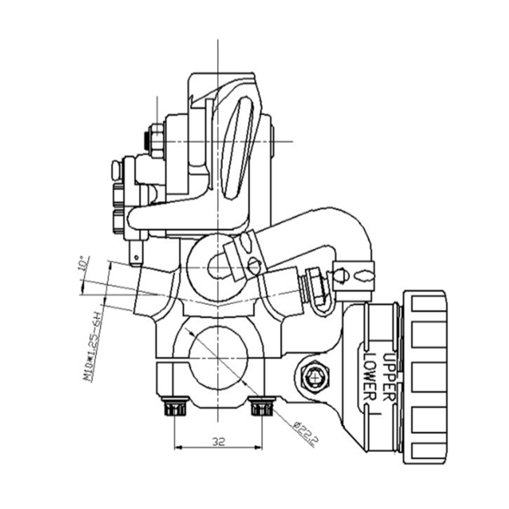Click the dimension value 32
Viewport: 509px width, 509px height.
click(218, 441)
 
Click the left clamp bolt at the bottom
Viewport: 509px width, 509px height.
click(174, 408)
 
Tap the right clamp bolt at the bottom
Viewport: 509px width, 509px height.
click(263, 408)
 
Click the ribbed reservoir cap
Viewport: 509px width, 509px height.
click(425, 377)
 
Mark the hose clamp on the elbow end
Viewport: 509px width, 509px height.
click(354, 276)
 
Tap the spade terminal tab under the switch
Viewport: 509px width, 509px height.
click(136, 253)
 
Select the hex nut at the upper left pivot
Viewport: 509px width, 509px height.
click(156, 140)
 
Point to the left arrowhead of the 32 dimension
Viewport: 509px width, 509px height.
click(178, 448)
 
